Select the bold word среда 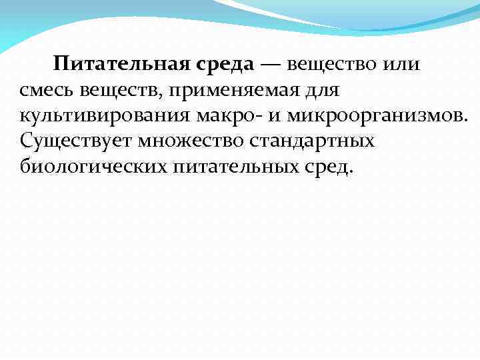coord(225,65)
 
